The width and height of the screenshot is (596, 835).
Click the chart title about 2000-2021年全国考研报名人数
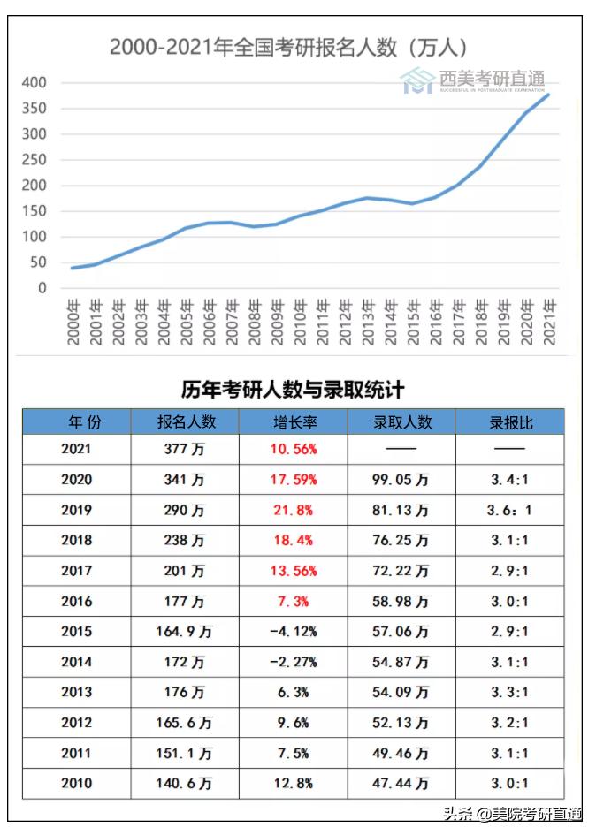click(x=288, y=47)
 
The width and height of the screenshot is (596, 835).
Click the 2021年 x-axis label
click(x=550, y=322)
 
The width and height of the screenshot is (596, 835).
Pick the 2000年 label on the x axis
click(x=74, y=322)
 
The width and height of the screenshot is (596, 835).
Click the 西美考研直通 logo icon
click(x=416, y=80)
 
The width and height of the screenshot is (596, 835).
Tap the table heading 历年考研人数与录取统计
click(x=293, y=390)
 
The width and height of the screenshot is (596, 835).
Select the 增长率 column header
click(x=294, y=422)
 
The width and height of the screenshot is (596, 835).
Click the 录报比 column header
click(x=510, y=422)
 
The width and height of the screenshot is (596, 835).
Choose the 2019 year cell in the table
click(x=76, y=511)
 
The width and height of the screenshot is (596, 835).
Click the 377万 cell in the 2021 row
click(x=185, y=449)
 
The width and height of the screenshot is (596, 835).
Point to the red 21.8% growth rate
click(x=294, y=511)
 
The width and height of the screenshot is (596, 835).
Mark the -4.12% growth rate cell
click(x=294, y=632)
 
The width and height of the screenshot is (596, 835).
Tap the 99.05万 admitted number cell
click(x=401, y=480)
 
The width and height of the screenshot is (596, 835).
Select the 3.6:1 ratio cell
click(x=510, y=511)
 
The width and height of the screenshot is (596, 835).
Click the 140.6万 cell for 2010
click(x=185, y=783)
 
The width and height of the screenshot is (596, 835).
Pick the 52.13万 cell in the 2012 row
click(x=401, y=723)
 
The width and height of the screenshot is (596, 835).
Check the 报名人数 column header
click(x=185, y=422)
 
